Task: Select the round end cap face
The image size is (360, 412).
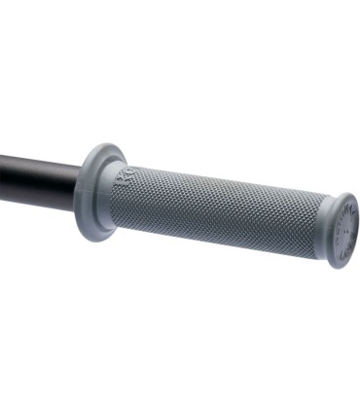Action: (x=343, y=232)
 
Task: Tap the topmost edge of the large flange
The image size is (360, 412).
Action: (x=100, y=146)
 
